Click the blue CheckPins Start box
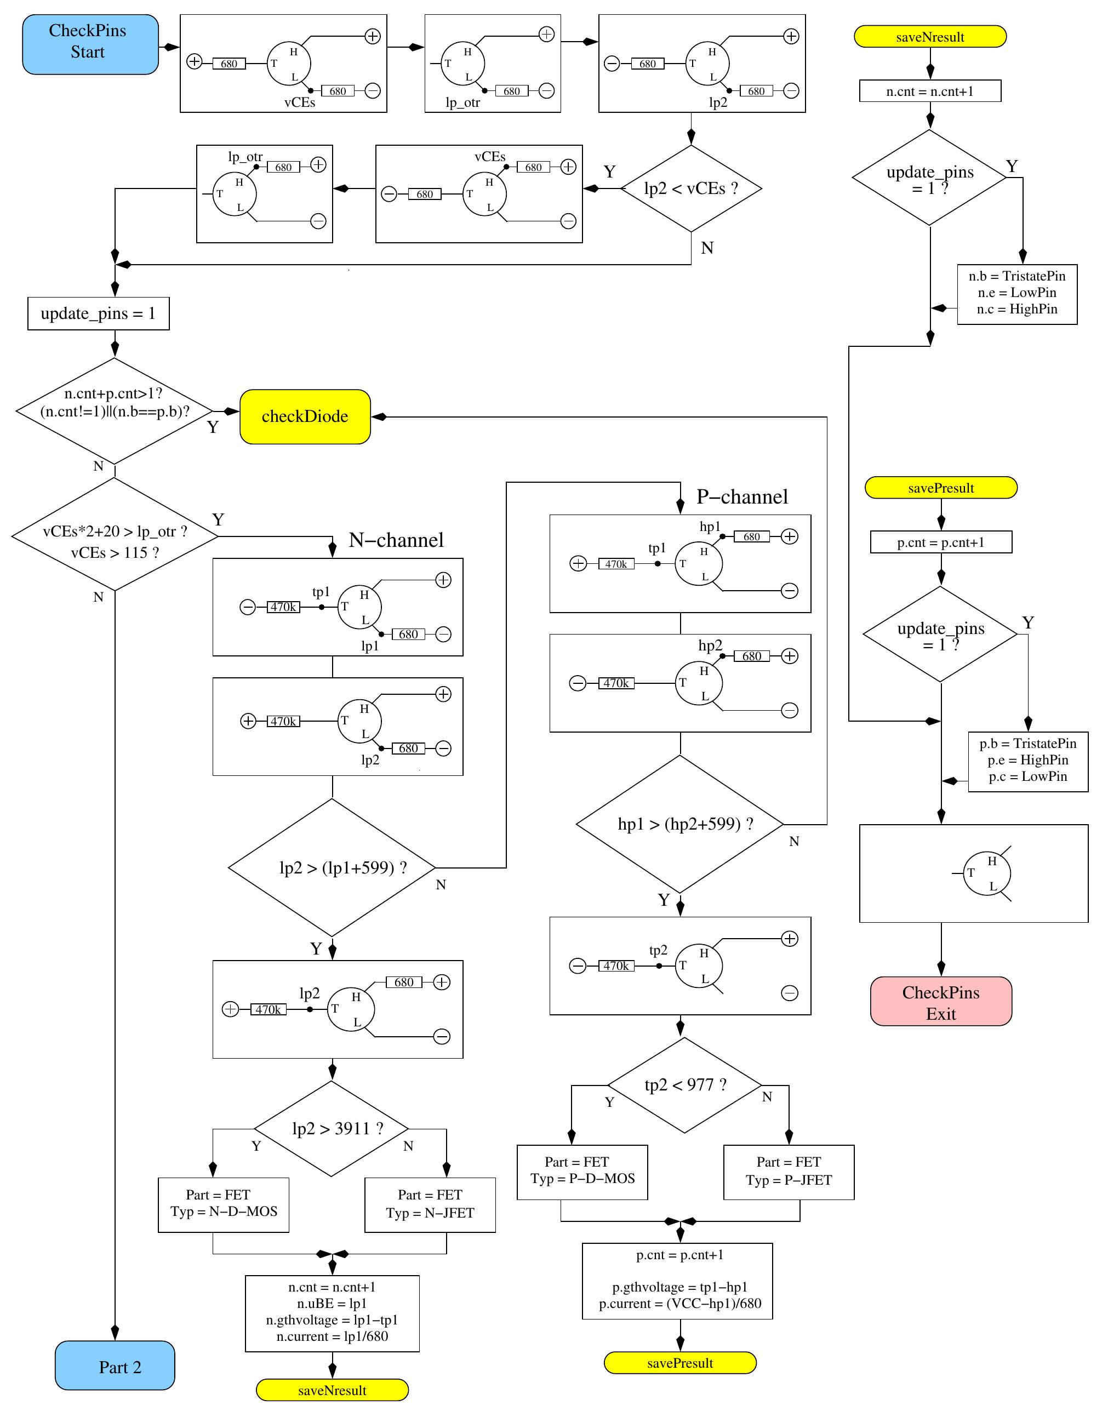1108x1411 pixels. point(90,44)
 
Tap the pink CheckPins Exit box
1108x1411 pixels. point(941,1002)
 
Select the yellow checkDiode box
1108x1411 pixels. point(305,416)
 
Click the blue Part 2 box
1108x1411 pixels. point(115,1367)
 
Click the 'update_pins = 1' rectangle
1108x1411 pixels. point(98,313)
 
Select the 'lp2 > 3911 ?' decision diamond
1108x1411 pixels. point(332,1129)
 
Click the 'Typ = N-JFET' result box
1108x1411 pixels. point(430,1205)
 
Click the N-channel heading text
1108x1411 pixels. point(396,540)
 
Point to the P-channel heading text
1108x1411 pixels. point(741,497)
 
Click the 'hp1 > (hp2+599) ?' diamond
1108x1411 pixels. point(680,824)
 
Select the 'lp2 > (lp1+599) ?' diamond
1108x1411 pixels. point(332,867)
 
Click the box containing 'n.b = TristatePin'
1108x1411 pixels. point(1016,293)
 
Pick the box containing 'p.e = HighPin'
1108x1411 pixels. point(1027,761)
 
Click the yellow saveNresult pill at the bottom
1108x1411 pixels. point(332,1390)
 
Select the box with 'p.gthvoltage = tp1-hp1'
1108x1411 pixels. point(677,1281)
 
